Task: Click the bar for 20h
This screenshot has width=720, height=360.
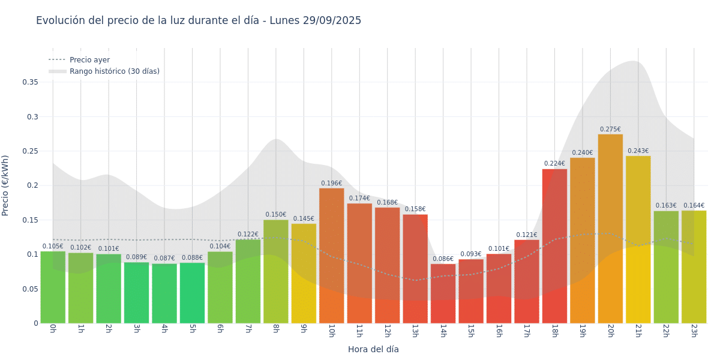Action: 610,229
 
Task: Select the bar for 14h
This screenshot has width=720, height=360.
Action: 443,293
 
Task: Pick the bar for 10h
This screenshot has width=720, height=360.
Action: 331,256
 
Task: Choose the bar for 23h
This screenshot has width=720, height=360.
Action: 694,266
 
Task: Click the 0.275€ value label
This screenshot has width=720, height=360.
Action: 610,130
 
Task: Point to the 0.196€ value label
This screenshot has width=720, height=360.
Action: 331,184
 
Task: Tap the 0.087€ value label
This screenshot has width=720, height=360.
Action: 164,259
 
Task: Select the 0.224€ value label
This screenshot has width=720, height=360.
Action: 554,164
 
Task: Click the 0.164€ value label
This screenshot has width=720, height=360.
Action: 694,206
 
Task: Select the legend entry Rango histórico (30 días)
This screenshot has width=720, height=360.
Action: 114,71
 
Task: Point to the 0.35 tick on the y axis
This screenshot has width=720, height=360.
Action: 30,82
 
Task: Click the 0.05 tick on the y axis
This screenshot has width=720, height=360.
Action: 30,289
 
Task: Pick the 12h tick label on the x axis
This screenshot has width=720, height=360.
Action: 388,331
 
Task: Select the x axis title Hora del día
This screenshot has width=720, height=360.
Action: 373,349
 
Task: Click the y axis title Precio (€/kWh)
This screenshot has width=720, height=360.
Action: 5,185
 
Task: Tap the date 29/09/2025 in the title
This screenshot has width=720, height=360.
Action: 332,20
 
